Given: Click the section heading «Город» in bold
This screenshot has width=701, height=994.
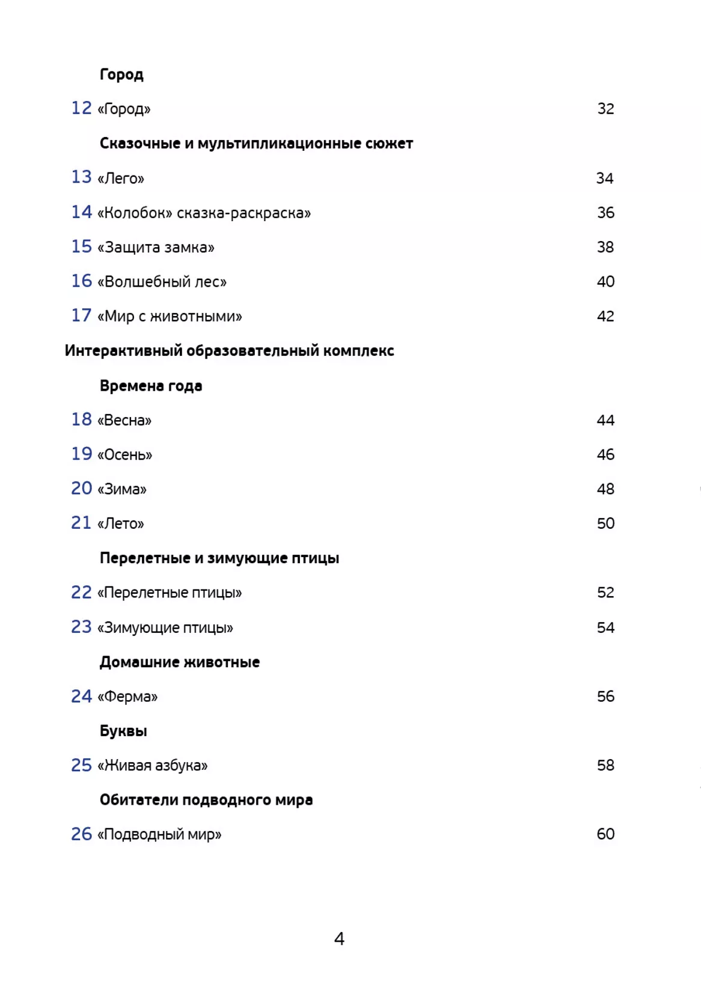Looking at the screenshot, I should tap(121, 75).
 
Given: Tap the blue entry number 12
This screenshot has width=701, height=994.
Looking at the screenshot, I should tap(81, 108).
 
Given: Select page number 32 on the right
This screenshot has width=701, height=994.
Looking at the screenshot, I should tap(605, 109).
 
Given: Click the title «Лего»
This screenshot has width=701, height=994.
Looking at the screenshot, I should tap(121, 178).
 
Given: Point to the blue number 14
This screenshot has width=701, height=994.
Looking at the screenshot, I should tap(81, 212).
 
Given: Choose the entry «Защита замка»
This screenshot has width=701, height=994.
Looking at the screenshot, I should tap(156, 248).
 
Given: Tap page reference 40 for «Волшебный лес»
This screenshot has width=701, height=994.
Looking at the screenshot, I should tap(605, 282).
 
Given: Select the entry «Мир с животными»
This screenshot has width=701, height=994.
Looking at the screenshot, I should tap(170, 317).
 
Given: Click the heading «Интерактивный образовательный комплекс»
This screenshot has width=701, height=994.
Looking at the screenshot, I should tap(229, 351).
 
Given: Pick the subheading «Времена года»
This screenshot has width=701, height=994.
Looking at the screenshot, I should tap(151, 386).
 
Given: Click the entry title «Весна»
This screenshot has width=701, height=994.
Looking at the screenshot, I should tap(124, 420).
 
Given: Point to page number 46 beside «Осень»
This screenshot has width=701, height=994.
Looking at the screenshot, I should tap(605, 455).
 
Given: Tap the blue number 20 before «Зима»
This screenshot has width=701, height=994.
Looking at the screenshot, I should tap(81, 489).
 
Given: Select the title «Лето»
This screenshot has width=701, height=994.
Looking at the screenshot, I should tap(121, 524).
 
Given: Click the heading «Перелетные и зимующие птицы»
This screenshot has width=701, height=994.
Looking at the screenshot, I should tap(219, 558).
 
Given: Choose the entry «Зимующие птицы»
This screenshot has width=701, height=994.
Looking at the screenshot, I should tap(165, 628).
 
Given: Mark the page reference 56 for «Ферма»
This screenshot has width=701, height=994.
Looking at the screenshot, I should tap(605, 697).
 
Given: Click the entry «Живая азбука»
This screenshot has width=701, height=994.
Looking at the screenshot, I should tap(153, 766).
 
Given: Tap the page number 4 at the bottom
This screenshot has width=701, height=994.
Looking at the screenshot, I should tap(339, 939).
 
